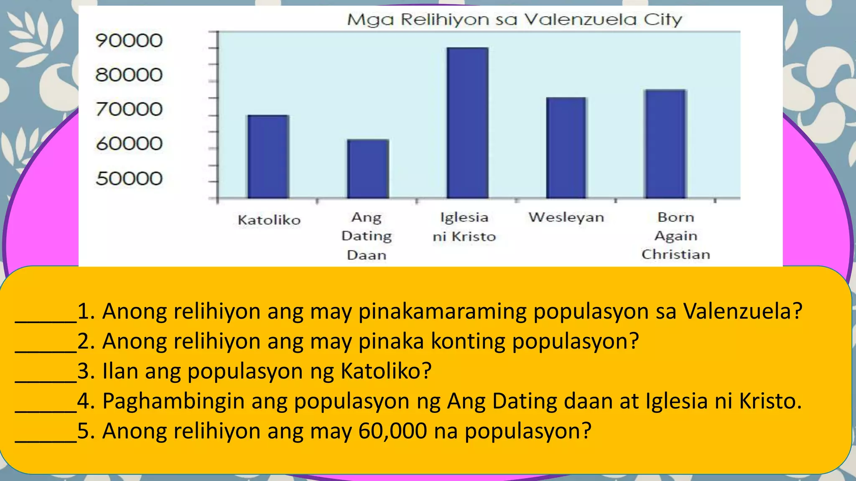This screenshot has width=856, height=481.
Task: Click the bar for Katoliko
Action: pos(268,157)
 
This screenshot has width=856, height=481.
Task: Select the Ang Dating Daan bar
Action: pos(368,169)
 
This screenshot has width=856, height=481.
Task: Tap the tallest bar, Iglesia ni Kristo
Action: pos(467,123)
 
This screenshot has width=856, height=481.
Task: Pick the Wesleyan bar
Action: pos(566,148)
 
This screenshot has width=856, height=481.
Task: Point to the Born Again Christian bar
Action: pos(665,144)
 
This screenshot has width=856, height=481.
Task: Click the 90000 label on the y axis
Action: pos(129,41)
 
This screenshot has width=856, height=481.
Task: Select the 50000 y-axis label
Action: pos(129,179)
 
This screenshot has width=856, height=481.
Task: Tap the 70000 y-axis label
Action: pos(129,109)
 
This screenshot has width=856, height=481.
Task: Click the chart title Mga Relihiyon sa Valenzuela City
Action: pos(515,20)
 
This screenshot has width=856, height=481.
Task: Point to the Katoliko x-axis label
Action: pos(269,220)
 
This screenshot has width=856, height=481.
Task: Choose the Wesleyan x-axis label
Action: pos(566,218)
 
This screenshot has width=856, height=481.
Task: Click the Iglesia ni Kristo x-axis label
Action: pos(464,227)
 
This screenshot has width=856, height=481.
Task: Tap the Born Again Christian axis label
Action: pos(676,236)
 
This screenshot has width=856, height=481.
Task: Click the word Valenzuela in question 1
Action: pos(742,311)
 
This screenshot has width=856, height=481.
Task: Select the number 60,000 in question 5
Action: pos(393,431)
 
